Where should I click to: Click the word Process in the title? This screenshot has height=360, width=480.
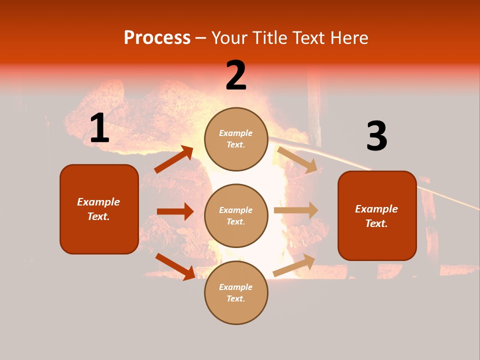(x=157, y=37)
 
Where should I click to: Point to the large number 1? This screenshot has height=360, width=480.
(x=99, y=128)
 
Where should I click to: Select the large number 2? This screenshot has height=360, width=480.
(x=236, y=75)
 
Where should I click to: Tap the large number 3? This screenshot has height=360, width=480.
(x=376, y=136)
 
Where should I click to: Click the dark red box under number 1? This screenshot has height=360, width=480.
(x=99, y=209)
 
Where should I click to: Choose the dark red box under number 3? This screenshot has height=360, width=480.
(x=377, y=215)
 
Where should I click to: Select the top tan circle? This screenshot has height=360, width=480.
(x=236, y=139)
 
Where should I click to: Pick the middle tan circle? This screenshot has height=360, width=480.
(x=236, y=215)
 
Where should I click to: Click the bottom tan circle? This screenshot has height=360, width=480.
(x=236, y=292)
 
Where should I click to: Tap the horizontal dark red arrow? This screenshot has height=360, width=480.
(x=175, y=211)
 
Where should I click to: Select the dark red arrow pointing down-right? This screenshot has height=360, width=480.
(x=175, y=266)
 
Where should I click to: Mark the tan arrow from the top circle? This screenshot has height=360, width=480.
(x=297, y=159)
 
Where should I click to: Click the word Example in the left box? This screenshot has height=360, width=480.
(x=98, y=202)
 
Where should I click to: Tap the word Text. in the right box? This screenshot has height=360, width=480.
(x=376, y=223)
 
